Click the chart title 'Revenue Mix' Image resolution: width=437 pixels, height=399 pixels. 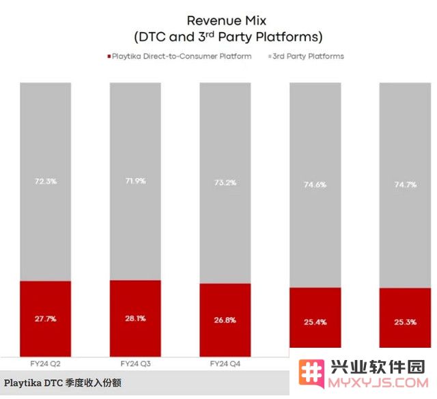[226, 20]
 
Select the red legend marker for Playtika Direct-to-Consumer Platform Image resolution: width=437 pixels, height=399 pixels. [109, 56]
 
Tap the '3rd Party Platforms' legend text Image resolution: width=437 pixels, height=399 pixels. [308, 56]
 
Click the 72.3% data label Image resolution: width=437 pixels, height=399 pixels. [46, 181]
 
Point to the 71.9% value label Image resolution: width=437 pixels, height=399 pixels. [135, 181]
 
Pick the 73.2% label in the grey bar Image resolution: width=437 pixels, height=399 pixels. [225, 182]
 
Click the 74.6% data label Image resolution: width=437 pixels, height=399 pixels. [315, 184]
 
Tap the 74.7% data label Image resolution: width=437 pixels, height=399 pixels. [405, 184]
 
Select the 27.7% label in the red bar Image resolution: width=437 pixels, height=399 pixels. [46, 318]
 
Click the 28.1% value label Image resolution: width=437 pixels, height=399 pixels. [135, 318]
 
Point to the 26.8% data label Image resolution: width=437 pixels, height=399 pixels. [225, 320]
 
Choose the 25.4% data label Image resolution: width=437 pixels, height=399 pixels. [315, 322]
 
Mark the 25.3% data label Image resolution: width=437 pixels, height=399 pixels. [405, 322]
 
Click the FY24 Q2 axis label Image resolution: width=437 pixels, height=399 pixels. [45, 364]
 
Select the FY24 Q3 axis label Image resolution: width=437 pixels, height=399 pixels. [135, 363]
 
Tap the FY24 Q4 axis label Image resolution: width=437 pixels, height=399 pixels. [225, 363]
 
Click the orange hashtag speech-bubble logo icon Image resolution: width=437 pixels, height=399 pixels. [311, 373]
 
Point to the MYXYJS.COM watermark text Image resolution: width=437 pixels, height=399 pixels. [378, 383]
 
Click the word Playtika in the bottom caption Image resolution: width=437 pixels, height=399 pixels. [23, 383]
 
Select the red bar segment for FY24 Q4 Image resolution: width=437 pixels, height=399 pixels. [225, 320]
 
